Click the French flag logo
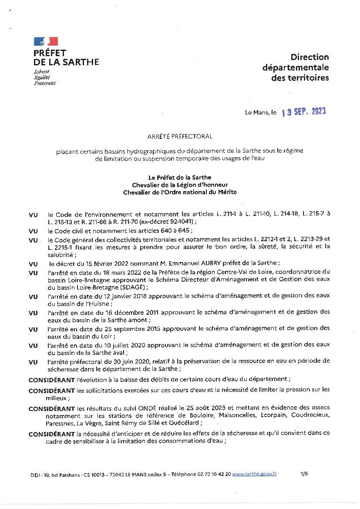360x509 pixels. tap(46, 41)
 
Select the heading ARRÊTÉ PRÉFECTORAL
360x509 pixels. tap(180, 136)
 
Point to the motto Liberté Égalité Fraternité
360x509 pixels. tap(45, 77)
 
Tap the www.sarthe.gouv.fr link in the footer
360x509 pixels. tap(254, 474)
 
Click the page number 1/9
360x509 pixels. tap(304, 474)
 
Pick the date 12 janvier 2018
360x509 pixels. tap(121, 296)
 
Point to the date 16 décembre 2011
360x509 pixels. tap(126, 312)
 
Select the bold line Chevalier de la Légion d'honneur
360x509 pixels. tap(180, 185)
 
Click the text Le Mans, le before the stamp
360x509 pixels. tap(261, 112)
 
